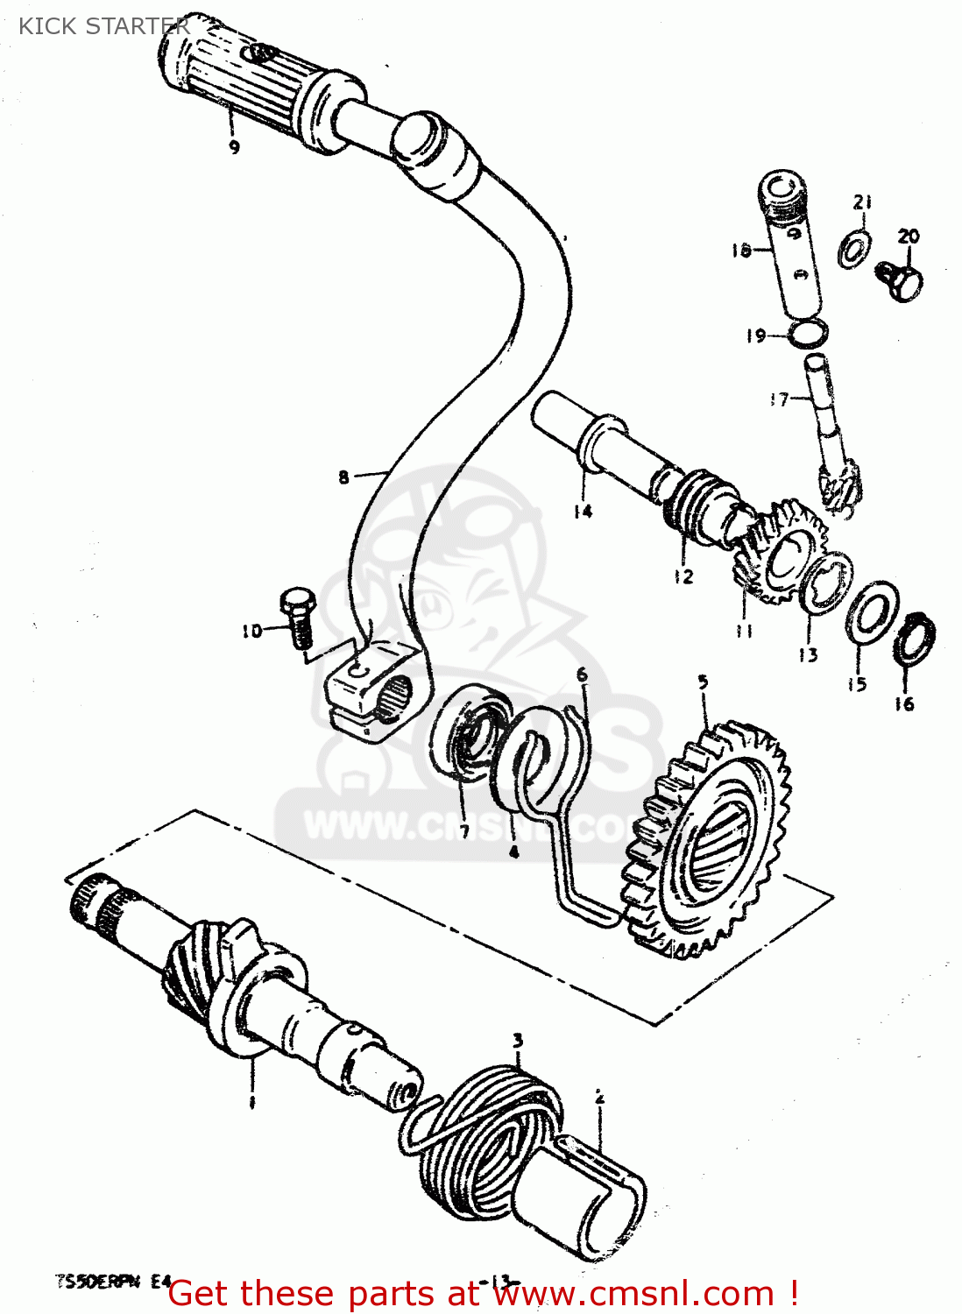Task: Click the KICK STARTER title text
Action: (x=103, y=26)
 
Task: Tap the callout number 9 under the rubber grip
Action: (x=234, y=147)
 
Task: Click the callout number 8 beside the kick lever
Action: (x=343, y=477)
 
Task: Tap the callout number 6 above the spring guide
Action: (x=582, y=675)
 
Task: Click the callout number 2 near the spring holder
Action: (x=599, y=1097)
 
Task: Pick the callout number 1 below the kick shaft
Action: (x=251, y=1102)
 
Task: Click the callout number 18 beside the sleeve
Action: (x=740, y=251)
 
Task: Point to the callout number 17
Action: (x=778, y=399)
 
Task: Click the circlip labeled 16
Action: (x=915, y=638)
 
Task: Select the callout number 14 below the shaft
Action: (x=583, y=511)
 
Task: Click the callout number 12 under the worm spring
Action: (x=683, y=576)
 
